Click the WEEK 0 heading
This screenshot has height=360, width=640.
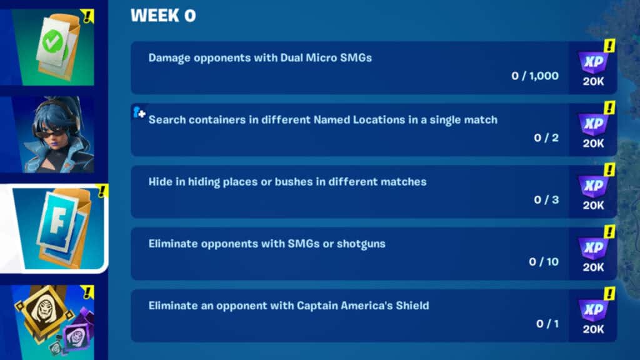click(162, 16)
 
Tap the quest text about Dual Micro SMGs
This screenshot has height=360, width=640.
click(260, 58)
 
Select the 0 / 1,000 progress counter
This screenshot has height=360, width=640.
click(534, 76)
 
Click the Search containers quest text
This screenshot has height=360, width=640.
click(322, 119)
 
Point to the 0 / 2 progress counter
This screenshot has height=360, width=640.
click(546, 138)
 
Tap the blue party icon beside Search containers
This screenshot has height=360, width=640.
click(139, 112)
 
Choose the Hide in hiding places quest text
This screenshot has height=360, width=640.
click(287, 182)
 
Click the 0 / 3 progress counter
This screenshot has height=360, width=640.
click(546, 200)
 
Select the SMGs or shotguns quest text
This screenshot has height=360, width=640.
click(266, 244)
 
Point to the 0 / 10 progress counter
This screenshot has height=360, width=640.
click(543, 262)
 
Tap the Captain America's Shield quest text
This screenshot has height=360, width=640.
click(288, 306)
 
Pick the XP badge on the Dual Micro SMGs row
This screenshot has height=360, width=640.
click(592, 62)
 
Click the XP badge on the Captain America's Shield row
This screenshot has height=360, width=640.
click(592, 310)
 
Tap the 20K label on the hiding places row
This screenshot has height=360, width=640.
click(593, 205)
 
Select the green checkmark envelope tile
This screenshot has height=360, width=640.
click(52, 46)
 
